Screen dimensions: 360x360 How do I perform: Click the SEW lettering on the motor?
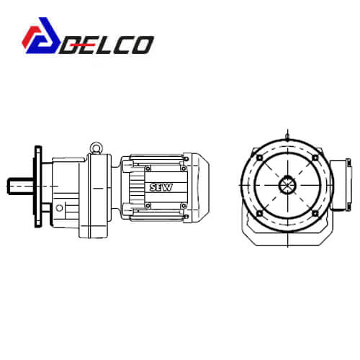coord(161,187)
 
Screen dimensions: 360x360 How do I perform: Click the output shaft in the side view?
coord(20,186)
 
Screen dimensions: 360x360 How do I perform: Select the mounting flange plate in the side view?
coord(38,186)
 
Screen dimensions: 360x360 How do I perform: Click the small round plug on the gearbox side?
coord(59,208)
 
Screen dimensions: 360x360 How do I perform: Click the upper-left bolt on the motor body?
coord(148,168)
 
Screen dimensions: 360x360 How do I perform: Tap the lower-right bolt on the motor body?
coord(184,206)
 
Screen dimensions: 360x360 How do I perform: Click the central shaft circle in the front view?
coord(287,185)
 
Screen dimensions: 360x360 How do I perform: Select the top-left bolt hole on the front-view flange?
coord(260,158)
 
